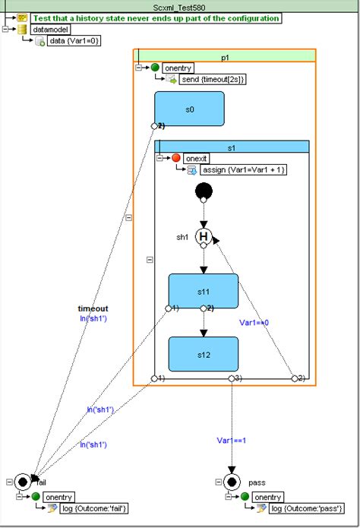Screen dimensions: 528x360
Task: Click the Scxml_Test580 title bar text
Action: (179, 5)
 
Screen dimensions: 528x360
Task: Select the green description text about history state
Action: (156, 17)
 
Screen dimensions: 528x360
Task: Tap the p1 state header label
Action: (225, 56)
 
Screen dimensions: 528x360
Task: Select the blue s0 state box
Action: (189, 109)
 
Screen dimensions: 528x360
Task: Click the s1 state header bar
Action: (232, 146)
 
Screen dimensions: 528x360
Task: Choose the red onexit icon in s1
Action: (176, 157)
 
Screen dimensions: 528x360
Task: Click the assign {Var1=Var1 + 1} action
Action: (243, 169)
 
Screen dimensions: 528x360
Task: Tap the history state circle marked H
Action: (204, 237)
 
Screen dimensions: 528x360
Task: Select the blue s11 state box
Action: (203, 291)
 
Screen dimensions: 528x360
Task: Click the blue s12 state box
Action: (203, 354)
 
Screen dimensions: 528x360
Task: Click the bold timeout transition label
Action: (93, 308)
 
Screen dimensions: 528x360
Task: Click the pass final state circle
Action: (232, 482)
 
